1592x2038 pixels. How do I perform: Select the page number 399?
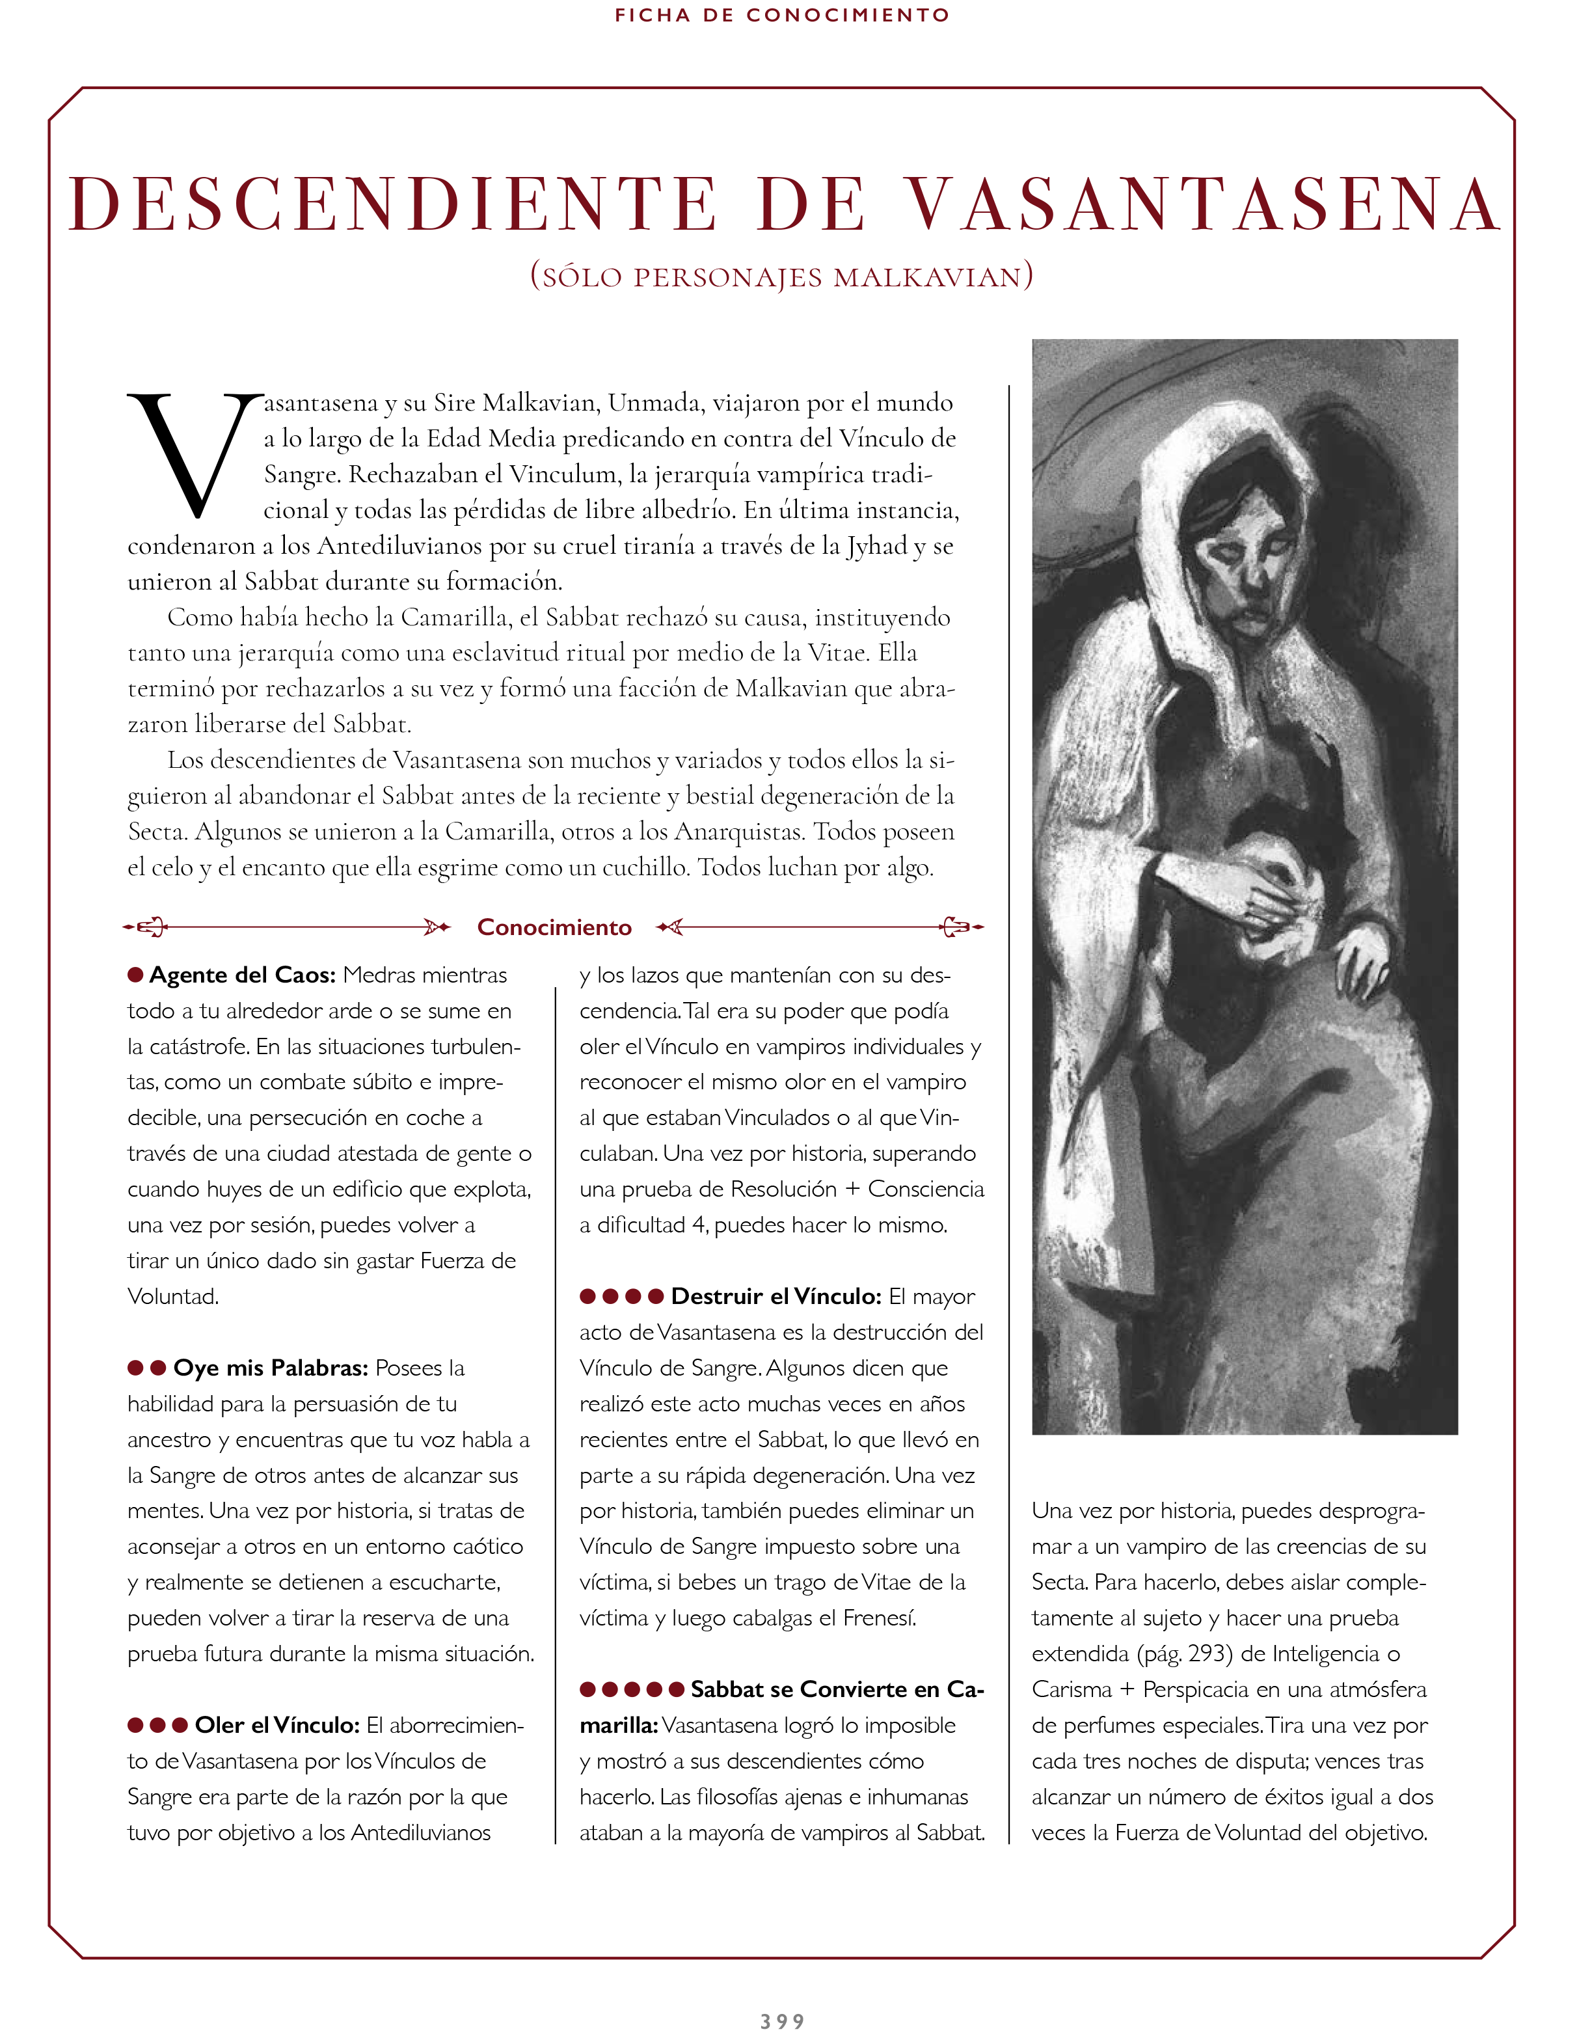pyautogui.click(x=782, y=2021)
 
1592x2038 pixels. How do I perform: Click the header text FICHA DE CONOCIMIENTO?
pyautogui.click(x=782, y=15)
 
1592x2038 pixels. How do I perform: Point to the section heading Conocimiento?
pyautogui.click(x=554, y=927)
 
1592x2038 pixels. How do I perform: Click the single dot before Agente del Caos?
pyautogui.click(x=135, y=975)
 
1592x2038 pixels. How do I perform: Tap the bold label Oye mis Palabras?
pyautogui.click(x=271, y=1368)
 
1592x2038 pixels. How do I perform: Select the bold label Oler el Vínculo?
pyautogui.click(x=277, y=1726)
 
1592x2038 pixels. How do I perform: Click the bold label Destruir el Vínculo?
pyautogui.click(x=776, y=1296)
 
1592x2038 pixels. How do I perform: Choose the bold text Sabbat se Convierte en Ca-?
pyautogui.click(x=837, y=1689)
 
